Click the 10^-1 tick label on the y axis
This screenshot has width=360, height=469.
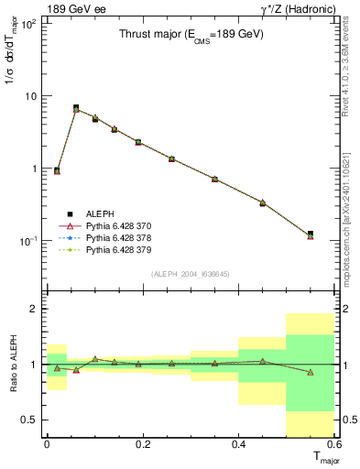click(x=29, y=241)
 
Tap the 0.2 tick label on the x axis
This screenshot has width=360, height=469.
click(x=143, y=444)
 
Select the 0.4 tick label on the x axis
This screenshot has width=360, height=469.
click(x=238, y=444)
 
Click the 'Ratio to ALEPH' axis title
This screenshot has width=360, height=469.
click(x=13, y=365)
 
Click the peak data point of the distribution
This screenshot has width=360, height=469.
click(x=76, y=108)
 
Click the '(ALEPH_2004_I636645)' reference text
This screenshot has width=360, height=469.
click(x=191, y=274)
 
